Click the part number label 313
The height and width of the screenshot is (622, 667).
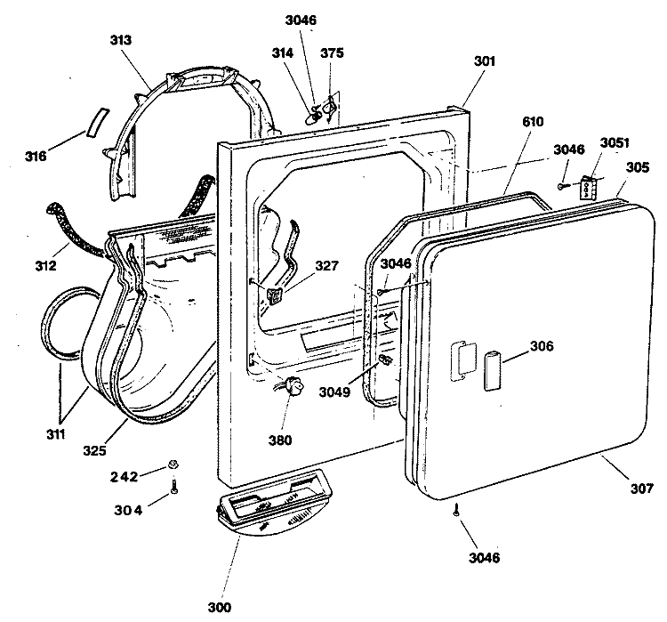tap(121, 40)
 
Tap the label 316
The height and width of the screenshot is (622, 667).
tap(36, 157)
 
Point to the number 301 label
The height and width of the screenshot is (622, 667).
tap(485, 61)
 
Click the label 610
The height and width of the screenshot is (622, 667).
tap(533, 122)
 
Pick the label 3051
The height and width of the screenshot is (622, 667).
tap(615, 142)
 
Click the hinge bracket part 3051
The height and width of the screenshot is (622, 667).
tap(588, 187)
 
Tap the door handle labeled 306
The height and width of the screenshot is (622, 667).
tap(492, 370)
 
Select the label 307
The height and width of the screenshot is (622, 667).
tap(641, 489)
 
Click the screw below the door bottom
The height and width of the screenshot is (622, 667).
tap(456, 509)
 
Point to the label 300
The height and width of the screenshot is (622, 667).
tap(220, 608)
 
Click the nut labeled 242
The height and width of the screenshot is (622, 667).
tap(173, 464)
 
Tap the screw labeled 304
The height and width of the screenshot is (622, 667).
tap(174, 486)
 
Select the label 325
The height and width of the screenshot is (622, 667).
tap(94, 450)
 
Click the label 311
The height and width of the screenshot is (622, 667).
tap(55, 434)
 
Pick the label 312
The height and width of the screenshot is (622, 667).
tap(45, 266)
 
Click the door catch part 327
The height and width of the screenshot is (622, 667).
tap(275, 295)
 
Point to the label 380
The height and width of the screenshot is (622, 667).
tap(280, 440)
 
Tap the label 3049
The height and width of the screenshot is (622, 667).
tap(334, 392)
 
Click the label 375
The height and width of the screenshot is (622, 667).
tap(332, 53)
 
